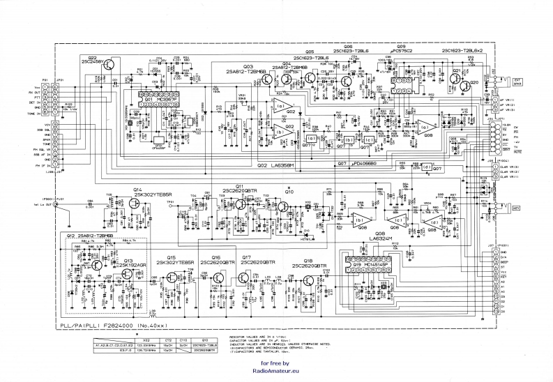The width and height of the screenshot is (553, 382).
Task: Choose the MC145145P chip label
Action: point(372,265)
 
